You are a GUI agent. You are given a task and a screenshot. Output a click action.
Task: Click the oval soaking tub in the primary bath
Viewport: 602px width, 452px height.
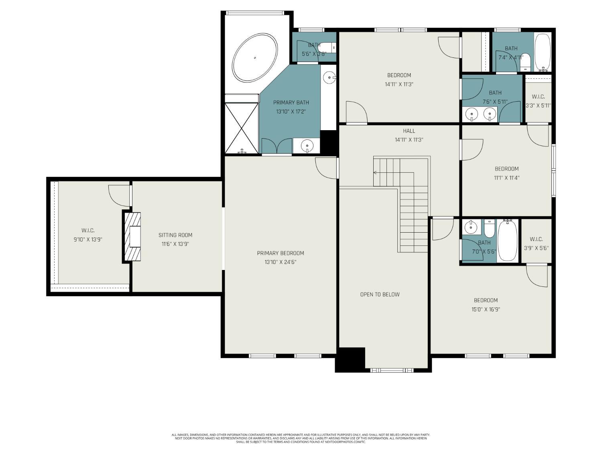[x=255, y=58]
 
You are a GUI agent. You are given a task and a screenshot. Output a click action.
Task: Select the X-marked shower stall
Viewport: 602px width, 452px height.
[x=242, y=128]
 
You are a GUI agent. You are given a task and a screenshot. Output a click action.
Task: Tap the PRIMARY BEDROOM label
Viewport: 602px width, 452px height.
[x=281, y=253]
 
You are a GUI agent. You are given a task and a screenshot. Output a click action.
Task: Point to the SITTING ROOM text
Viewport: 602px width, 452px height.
[x=175, y=235]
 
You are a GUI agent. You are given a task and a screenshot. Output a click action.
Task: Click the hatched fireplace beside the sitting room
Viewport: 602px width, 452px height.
[x=133, y=237]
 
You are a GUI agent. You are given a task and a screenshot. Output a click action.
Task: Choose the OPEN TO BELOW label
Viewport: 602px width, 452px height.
[x=380, y=295]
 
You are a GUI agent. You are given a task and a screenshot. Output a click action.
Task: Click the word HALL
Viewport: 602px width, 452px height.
[x=409, y=131]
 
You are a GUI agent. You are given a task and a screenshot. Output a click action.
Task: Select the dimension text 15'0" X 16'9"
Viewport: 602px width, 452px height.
[x=486, y=309]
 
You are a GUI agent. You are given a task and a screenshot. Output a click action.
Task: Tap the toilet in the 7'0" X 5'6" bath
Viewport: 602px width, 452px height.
[x=489, y=229]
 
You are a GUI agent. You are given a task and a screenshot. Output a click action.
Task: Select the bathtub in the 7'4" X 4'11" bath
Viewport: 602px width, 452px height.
[x=543, y=51]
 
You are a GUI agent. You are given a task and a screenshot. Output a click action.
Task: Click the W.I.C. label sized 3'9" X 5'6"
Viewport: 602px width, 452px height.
[x=536, y=239]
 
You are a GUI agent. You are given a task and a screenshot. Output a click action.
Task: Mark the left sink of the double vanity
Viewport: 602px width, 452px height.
[x=472, y=115]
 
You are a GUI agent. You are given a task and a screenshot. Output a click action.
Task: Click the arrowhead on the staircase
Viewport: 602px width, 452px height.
[x=375, y=173]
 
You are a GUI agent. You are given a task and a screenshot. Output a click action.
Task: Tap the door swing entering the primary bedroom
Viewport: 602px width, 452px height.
[x=326, y=168]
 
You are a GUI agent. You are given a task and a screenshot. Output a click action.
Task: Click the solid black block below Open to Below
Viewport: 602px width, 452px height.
[x=350, y=360]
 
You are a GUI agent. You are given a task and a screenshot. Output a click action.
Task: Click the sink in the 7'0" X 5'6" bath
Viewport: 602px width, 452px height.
[x=470, y=227]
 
